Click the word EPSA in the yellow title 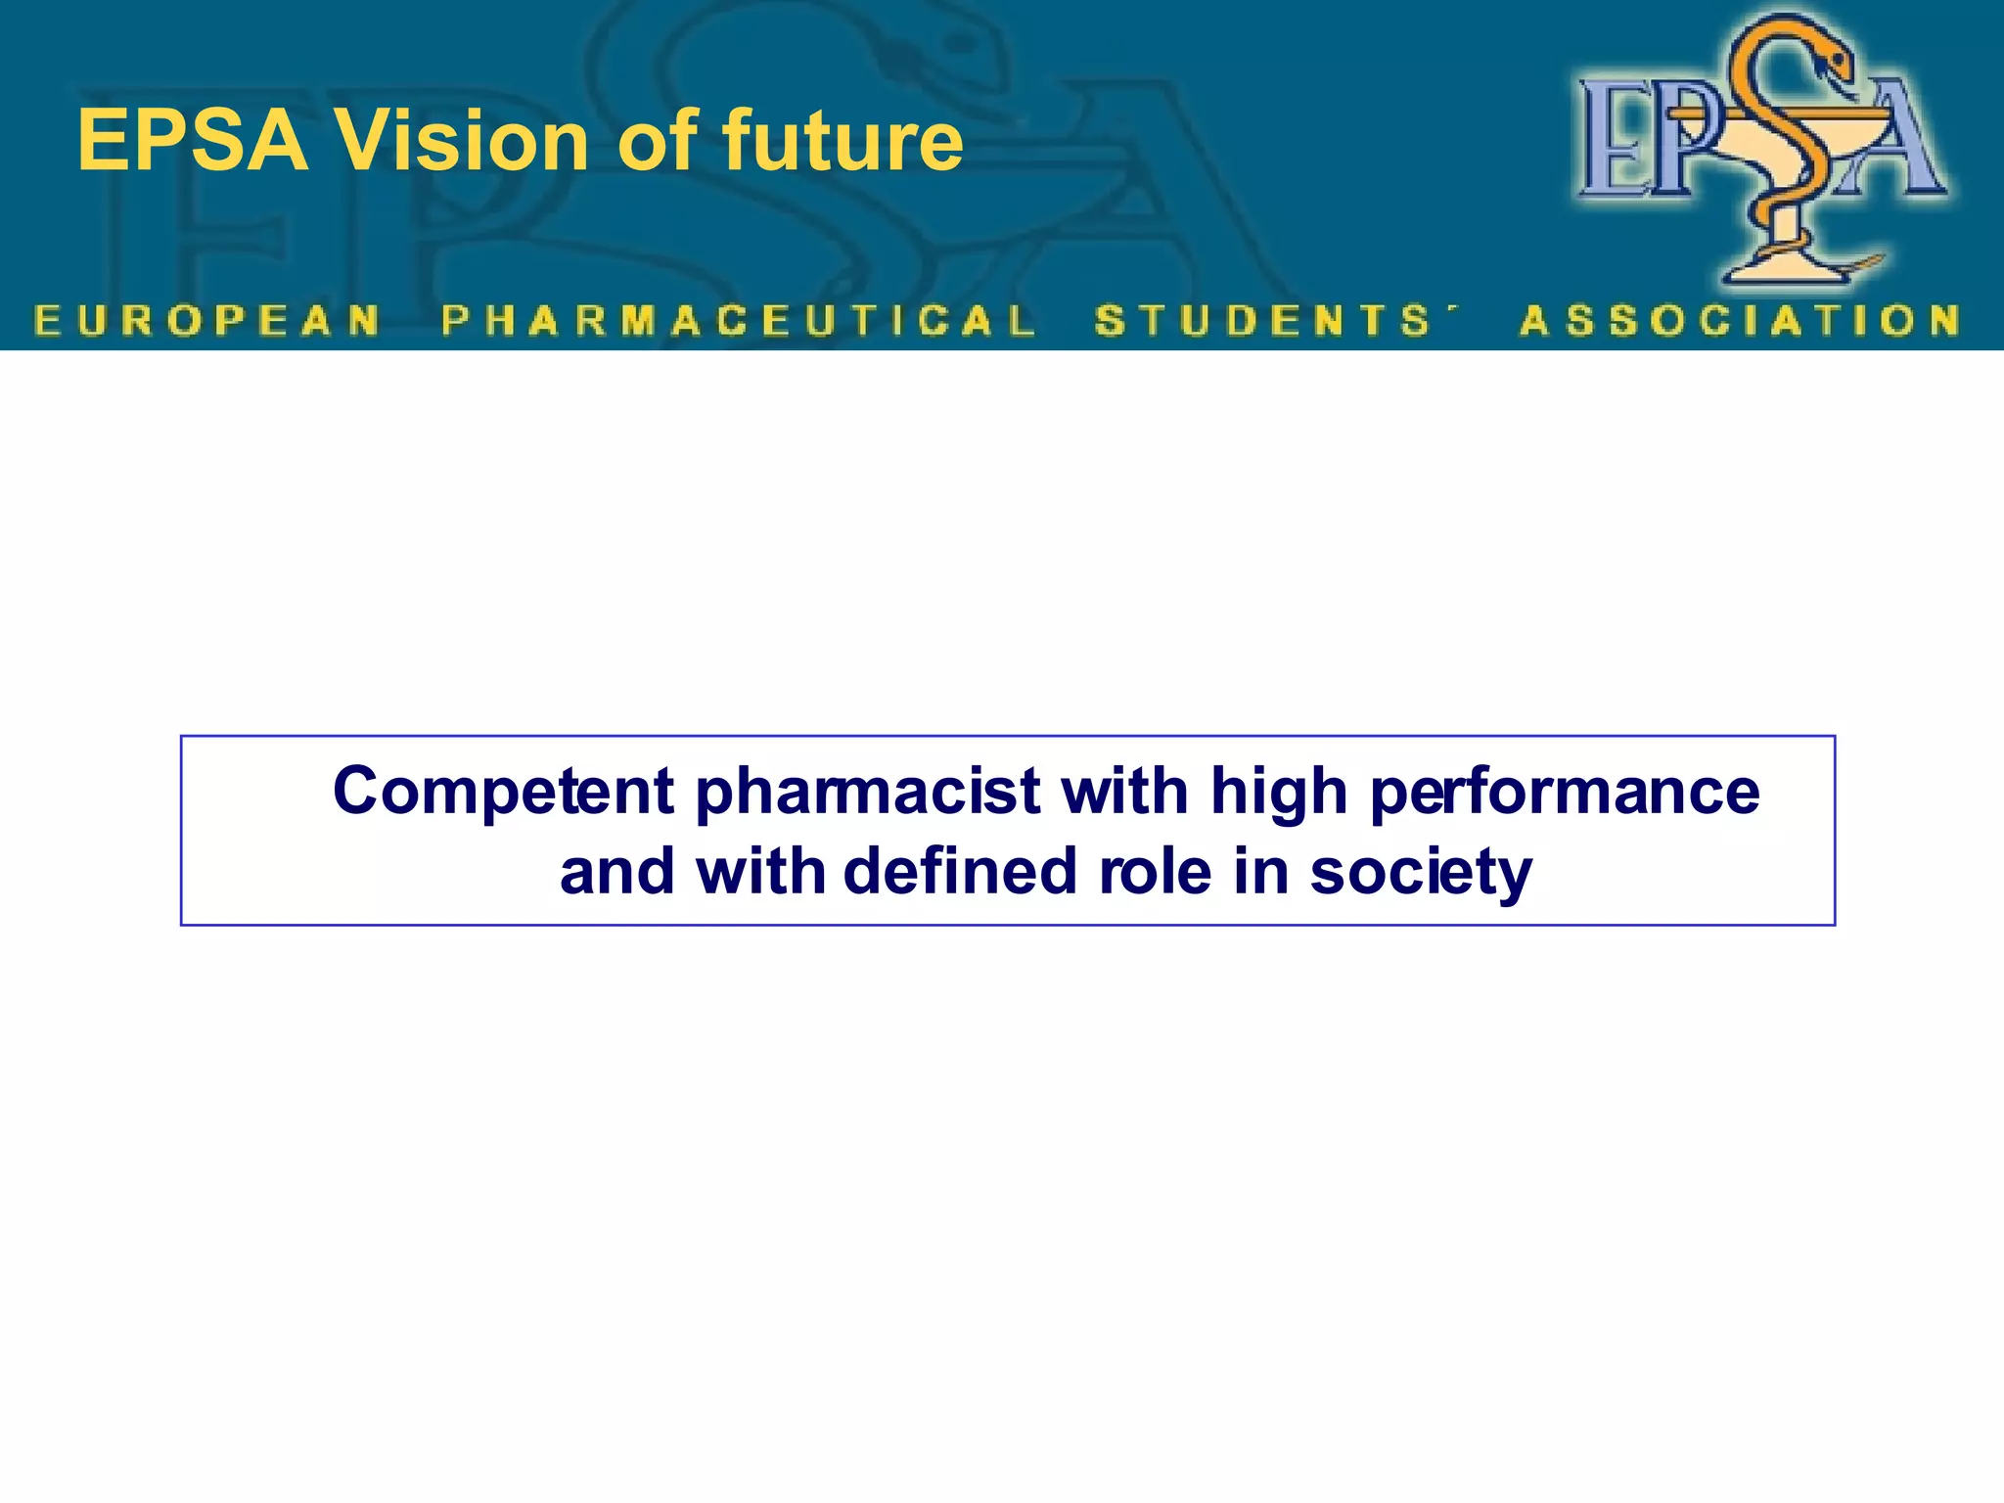pos(192,142)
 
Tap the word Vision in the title pos(461,142)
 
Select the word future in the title pos(842,142)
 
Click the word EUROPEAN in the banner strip pos(206,321)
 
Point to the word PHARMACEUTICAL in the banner pos(738,321)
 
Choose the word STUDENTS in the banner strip pos(1262,321)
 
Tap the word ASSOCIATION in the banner pos(1740,321)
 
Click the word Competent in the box pos(503,791)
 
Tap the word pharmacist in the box pos(867,791)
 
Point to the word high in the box pos(1278,791)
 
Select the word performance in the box pos(1564,791)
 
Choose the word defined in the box pos(959,871)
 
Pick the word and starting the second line pos(616,871)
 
